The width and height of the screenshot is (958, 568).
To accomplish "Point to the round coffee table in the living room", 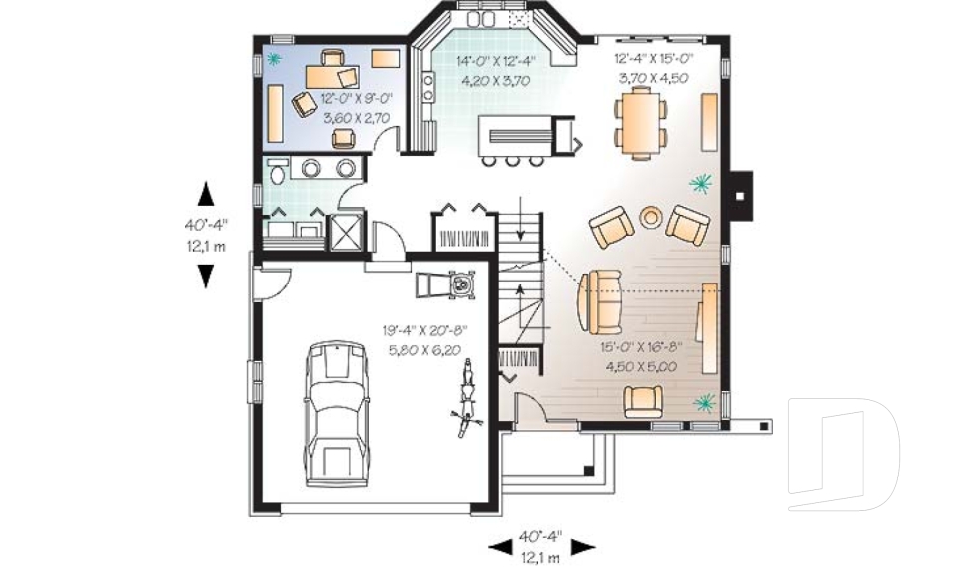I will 651,216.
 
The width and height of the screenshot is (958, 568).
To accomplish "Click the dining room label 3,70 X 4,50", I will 652,78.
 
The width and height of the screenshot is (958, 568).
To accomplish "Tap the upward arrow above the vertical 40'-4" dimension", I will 206,192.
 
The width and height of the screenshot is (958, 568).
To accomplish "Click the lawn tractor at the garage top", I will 448,285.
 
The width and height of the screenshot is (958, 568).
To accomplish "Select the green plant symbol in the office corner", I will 276,57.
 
